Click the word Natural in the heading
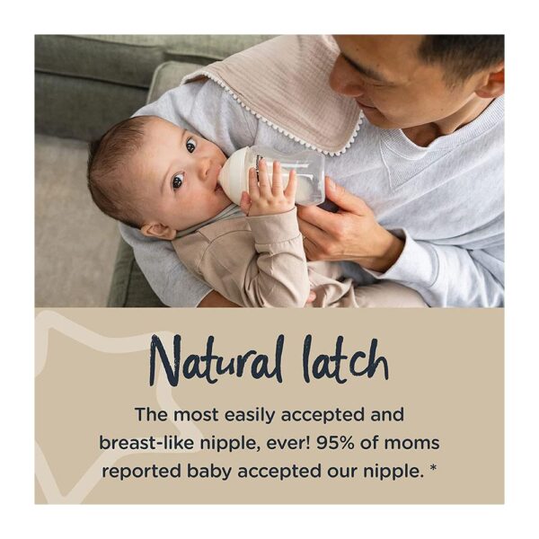click(x=216, y=360)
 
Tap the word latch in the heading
click(x=345, y=359)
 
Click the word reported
click(x=141, y=472)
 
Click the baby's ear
click(x=158, y=231)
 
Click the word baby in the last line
click(x=209, y=471)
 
